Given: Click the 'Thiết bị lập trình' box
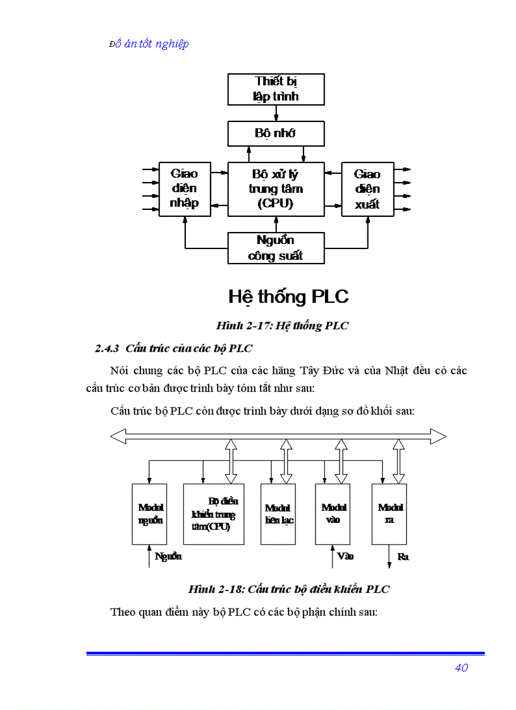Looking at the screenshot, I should (276, 89).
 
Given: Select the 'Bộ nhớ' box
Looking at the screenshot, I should (276, 133).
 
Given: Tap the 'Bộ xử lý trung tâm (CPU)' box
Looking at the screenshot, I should (276, 189).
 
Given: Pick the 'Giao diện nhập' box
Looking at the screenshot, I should (185, 189).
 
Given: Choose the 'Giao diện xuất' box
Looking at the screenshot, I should (367, 189).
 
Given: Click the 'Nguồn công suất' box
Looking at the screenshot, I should (276, 248).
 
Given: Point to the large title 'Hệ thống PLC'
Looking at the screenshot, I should (288, 297).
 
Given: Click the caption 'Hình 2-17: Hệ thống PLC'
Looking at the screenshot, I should (282, 326).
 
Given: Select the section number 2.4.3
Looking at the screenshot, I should (107, 348).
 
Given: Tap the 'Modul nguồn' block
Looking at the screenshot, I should (150, 514).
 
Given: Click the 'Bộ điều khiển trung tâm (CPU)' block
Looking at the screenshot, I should (214, 514).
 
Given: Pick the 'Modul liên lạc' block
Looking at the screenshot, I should (278, 514).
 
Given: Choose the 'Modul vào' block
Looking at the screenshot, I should (333, 514).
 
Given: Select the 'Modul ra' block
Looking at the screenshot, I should (389, 514).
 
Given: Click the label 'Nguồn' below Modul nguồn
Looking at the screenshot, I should (168, 556).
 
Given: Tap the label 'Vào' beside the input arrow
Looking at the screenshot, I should (345, 556).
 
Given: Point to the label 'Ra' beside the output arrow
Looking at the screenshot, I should (403, 557).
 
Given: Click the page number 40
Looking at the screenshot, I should (461, 668).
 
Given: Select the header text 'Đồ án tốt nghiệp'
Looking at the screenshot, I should (149, 44).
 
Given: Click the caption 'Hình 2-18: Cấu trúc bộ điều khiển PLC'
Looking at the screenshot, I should (288, 589).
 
